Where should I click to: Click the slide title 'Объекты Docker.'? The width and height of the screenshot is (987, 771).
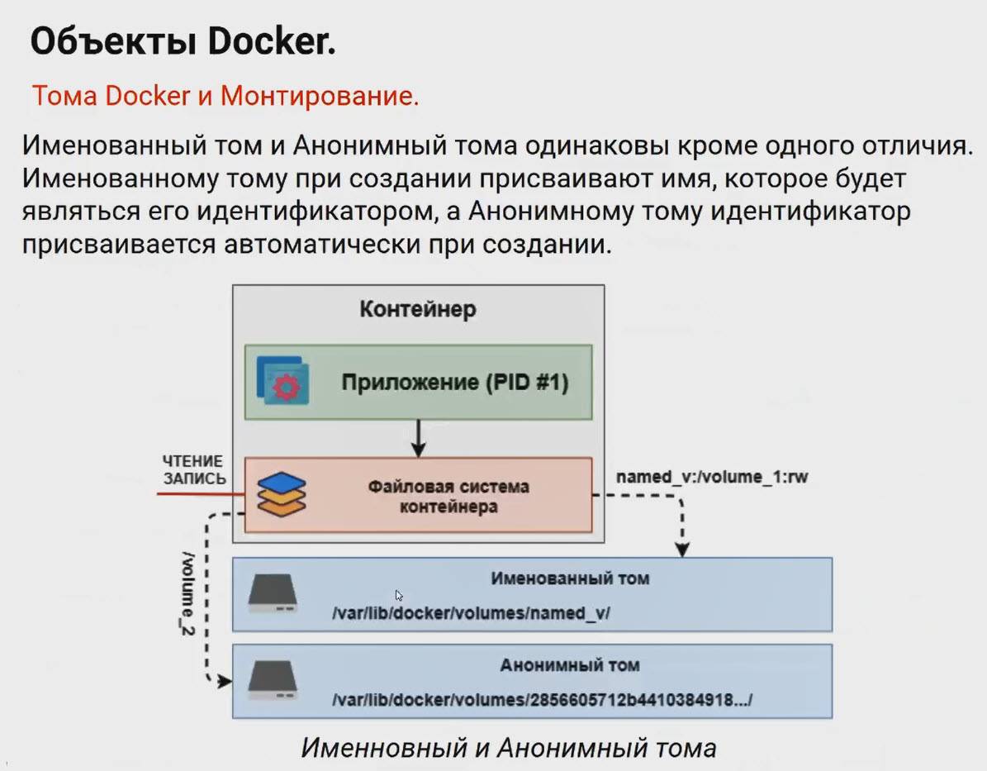(x=183, y=41)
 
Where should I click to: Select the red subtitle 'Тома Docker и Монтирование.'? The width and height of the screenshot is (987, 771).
(x=225, y=96)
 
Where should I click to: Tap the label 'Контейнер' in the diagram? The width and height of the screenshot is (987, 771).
(x=417, y=310)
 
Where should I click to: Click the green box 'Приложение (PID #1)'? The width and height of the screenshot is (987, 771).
(x=455, y=383)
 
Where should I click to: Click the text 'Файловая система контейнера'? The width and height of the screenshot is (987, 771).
(x=448, y=495)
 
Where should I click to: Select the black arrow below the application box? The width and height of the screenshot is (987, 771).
(x=419, y=438)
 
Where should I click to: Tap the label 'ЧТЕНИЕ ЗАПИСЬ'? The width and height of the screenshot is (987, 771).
(x=194, y=469)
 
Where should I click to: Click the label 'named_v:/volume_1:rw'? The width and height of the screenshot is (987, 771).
(x=711, y=478)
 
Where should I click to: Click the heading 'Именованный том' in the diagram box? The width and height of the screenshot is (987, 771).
(x=570, y=578)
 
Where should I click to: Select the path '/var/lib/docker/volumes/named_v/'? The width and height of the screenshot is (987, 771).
(x=470, y=613)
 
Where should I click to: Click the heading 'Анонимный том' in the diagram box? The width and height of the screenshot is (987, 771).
(x=569, y=664)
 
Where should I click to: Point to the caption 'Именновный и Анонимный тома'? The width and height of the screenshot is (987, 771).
(x=508, y=748)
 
